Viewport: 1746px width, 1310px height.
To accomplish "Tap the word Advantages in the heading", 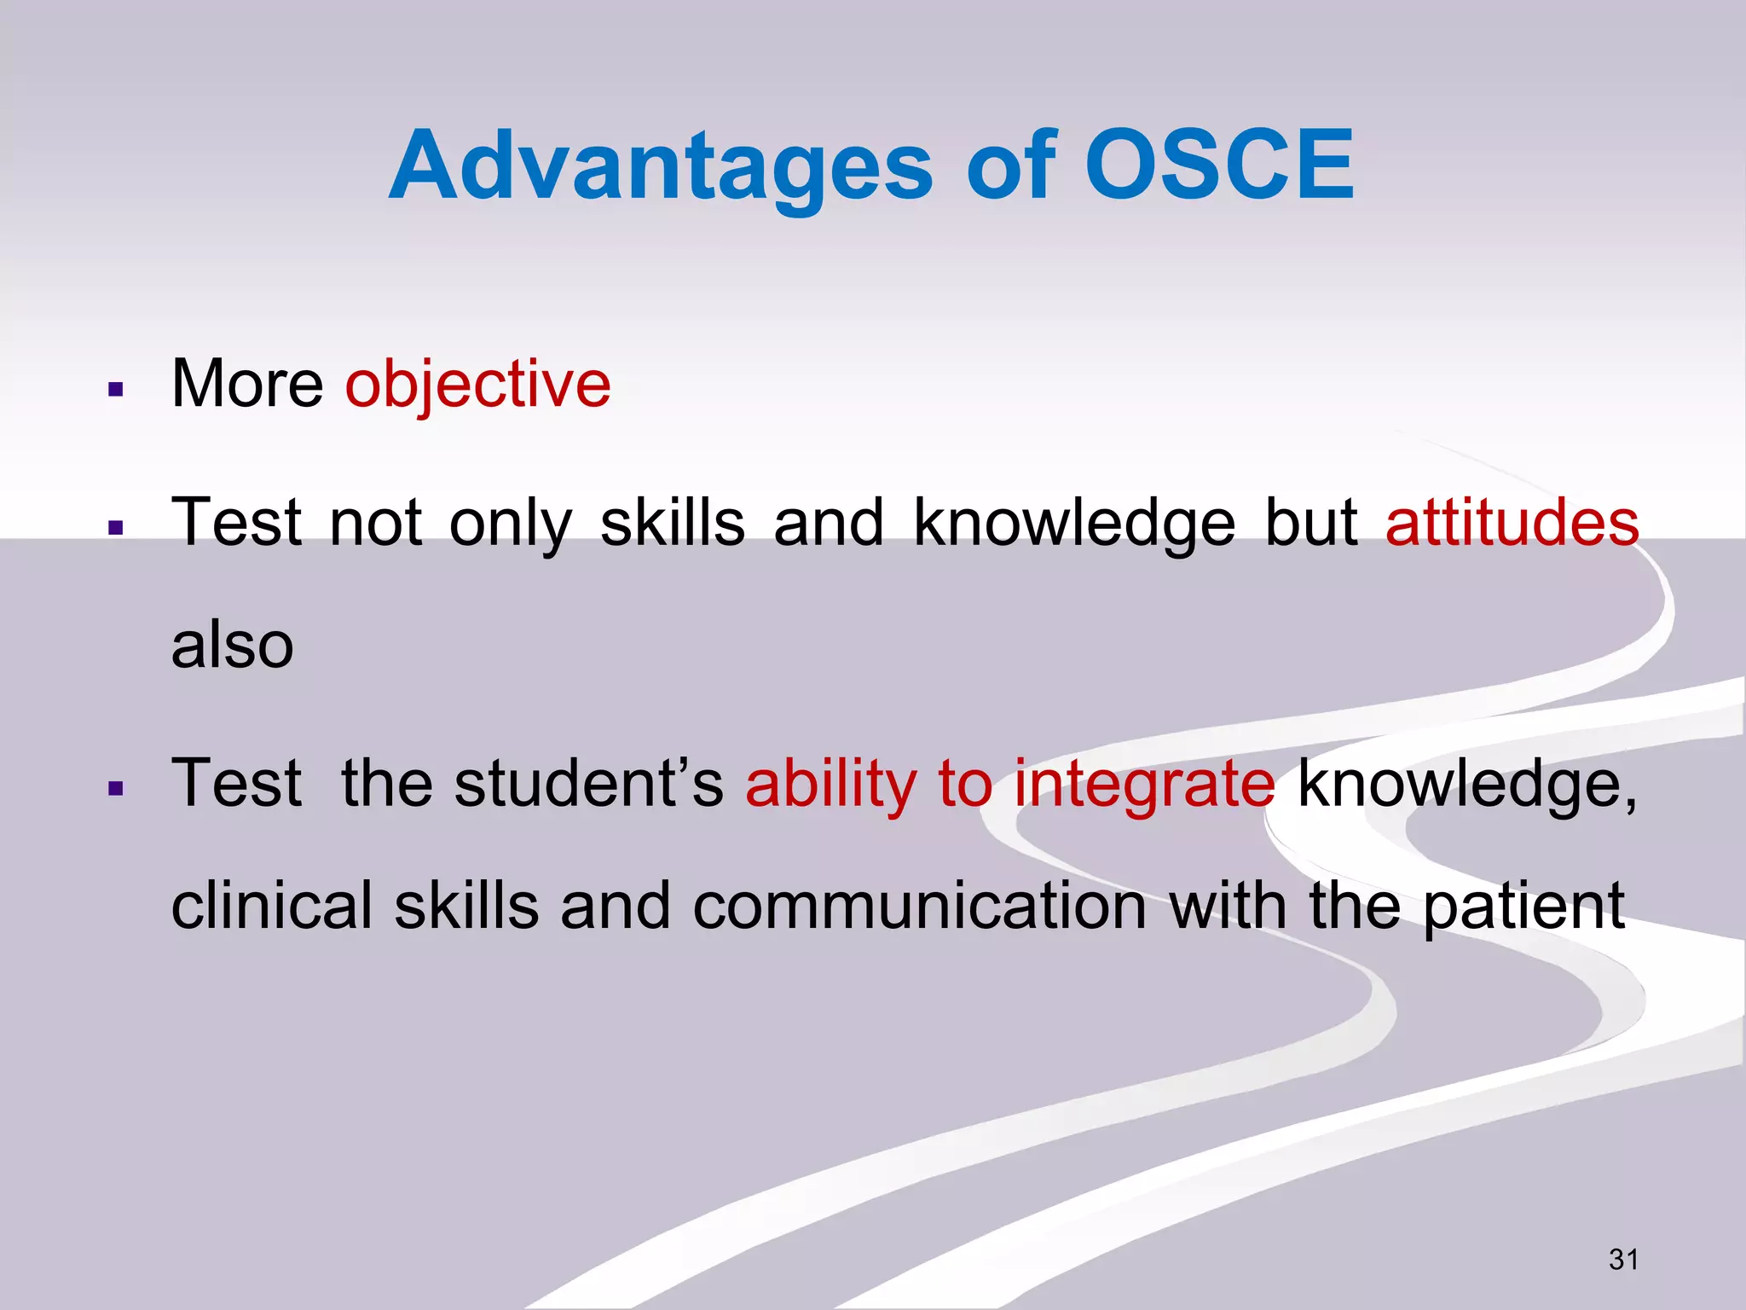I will pos(661,166).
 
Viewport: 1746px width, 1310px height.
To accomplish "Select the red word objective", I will pos(477,385).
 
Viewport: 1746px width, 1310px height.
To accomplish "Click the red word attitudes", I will pos(1512,523).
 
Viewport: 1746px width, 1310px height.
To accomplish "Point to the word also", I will pos(232,646).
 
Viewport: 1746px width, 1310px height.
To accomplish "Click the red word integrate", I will pos(1144,784).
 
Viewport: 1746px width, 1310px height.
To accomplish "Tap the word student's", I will pos(588,784).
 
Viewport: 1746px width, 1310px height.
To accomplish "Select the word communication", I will pos(919,907).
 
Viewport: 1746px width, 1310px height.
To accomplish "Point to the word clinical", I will pos(271,907).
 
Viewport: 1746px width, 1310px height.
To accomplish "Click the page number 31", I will pos(1623,1259).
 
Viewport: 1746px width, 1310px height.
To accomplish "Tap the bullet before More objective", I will pos(117,391).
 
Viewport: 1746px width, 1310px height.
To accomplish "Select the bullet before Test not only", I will pos(117,528).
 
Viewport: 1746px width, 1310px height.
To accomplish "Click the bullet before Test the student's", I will pos(117,789).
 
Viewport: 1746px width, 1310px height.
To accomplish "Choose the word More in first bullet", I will pos(247,385).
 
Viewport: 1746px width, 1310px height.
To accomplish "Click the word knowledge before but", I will pos(1073,525).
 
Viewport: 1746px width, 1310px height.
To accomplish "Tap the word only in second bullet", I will pos(510,525).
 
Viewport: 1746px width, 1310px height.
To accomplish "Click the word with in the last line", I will pos(1228,907).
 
